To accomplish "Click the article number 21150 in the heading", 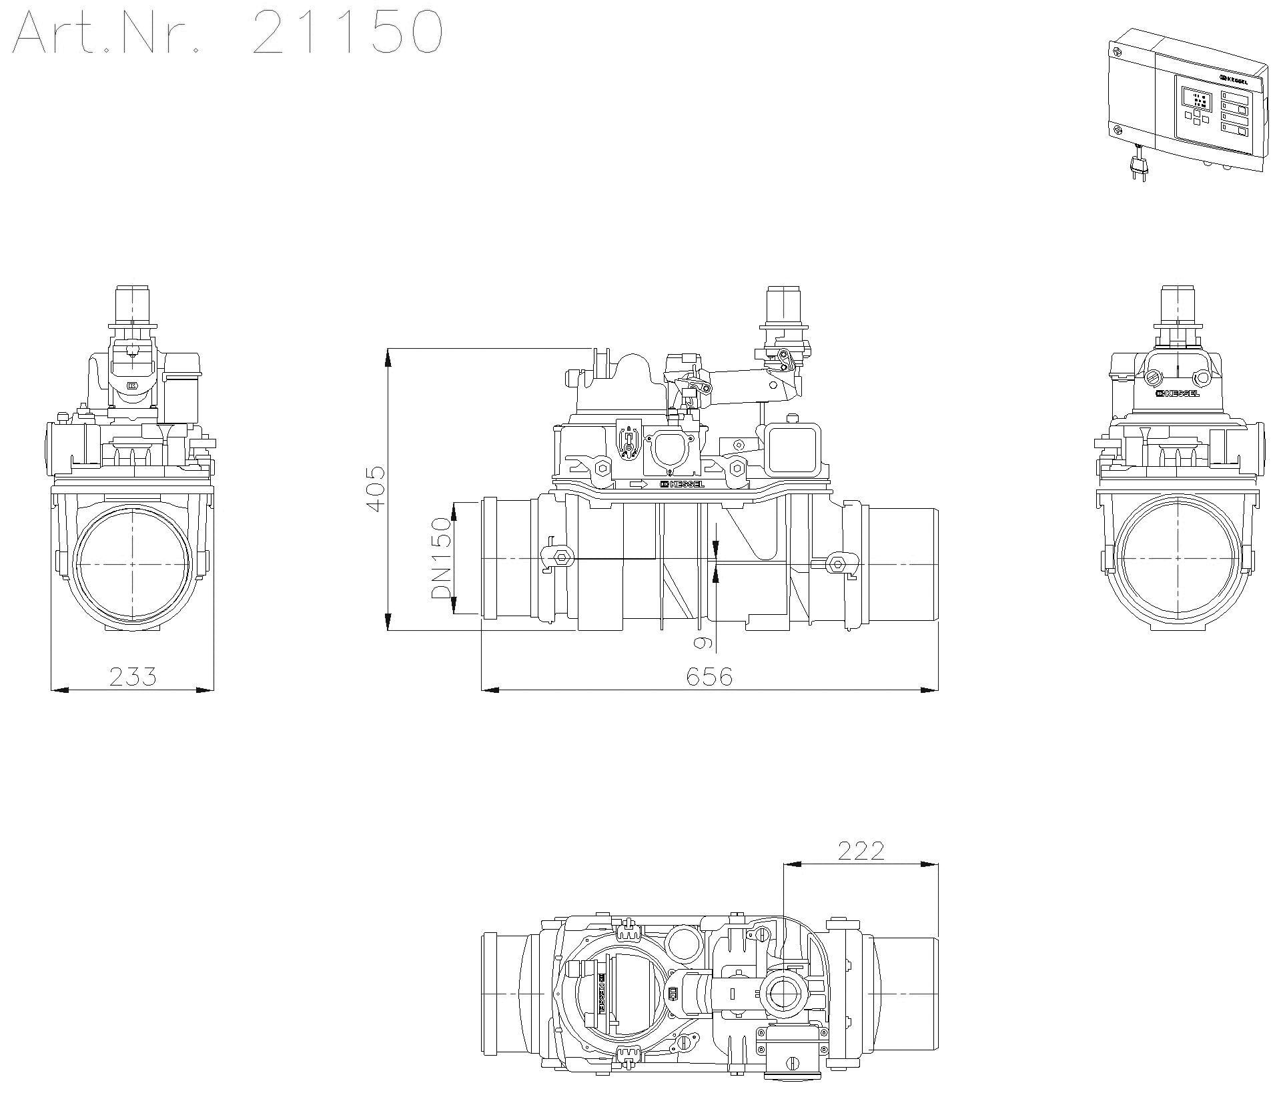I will tap(347, 32).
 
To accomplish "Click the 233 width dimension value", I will tap(133, 676).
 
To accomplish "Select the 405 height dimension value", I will tap(376, 489).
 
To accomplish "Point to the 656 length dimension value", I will tap(709, 676).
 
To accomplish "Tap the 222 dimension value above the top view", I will tap(861, 851).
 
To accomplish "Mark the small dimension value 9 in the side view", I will tap(702, 642).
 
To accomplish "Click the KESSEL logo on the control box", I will tap(1235, 79).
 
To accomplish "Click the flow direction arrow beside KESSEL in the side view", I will tap(638, 483).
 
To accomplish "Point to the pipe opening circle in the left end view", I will tap(133, 565).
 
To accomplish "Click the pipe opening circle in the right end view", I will tap(1178, 565).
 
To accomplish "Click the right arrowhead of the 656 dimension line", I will tap(930, 690).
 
